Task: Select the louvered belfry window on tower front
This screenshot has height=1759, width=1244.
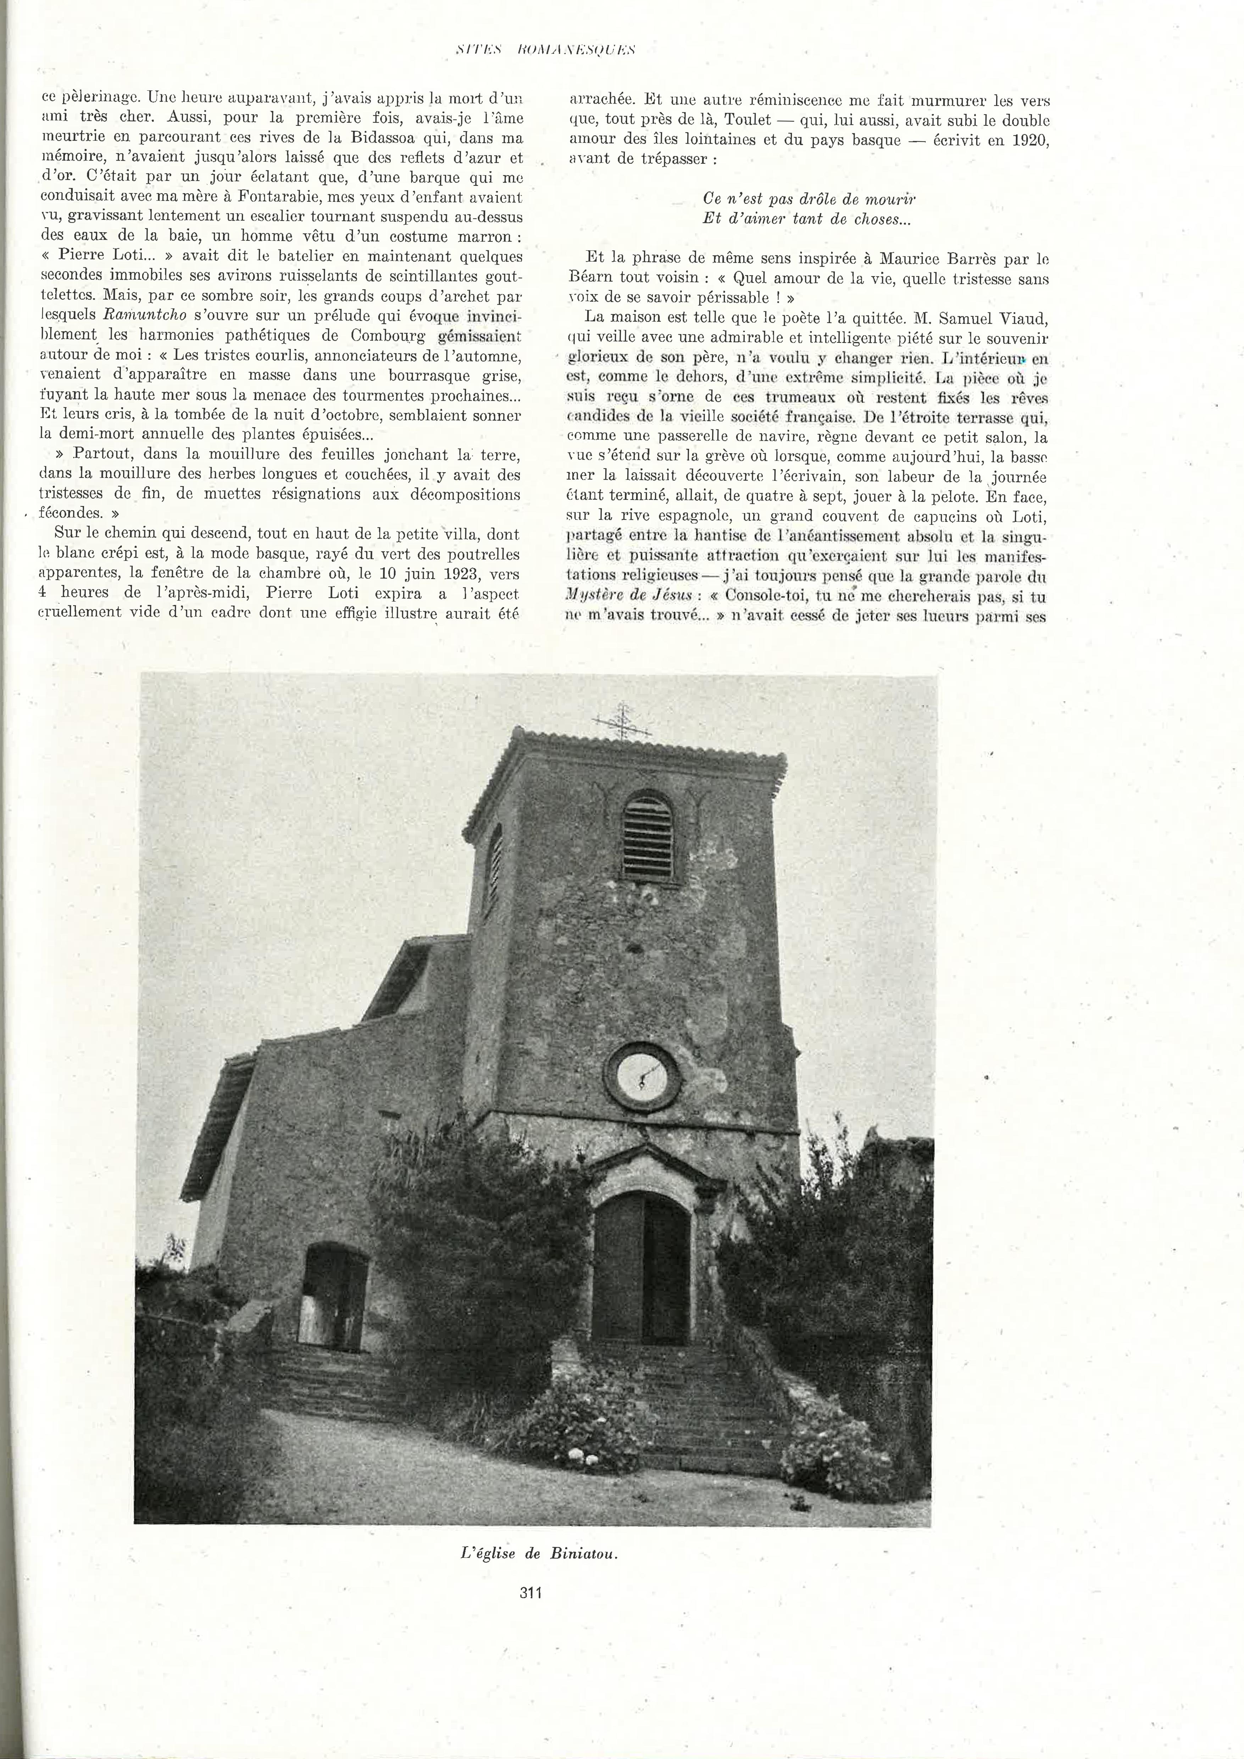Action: coord(648,837)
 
